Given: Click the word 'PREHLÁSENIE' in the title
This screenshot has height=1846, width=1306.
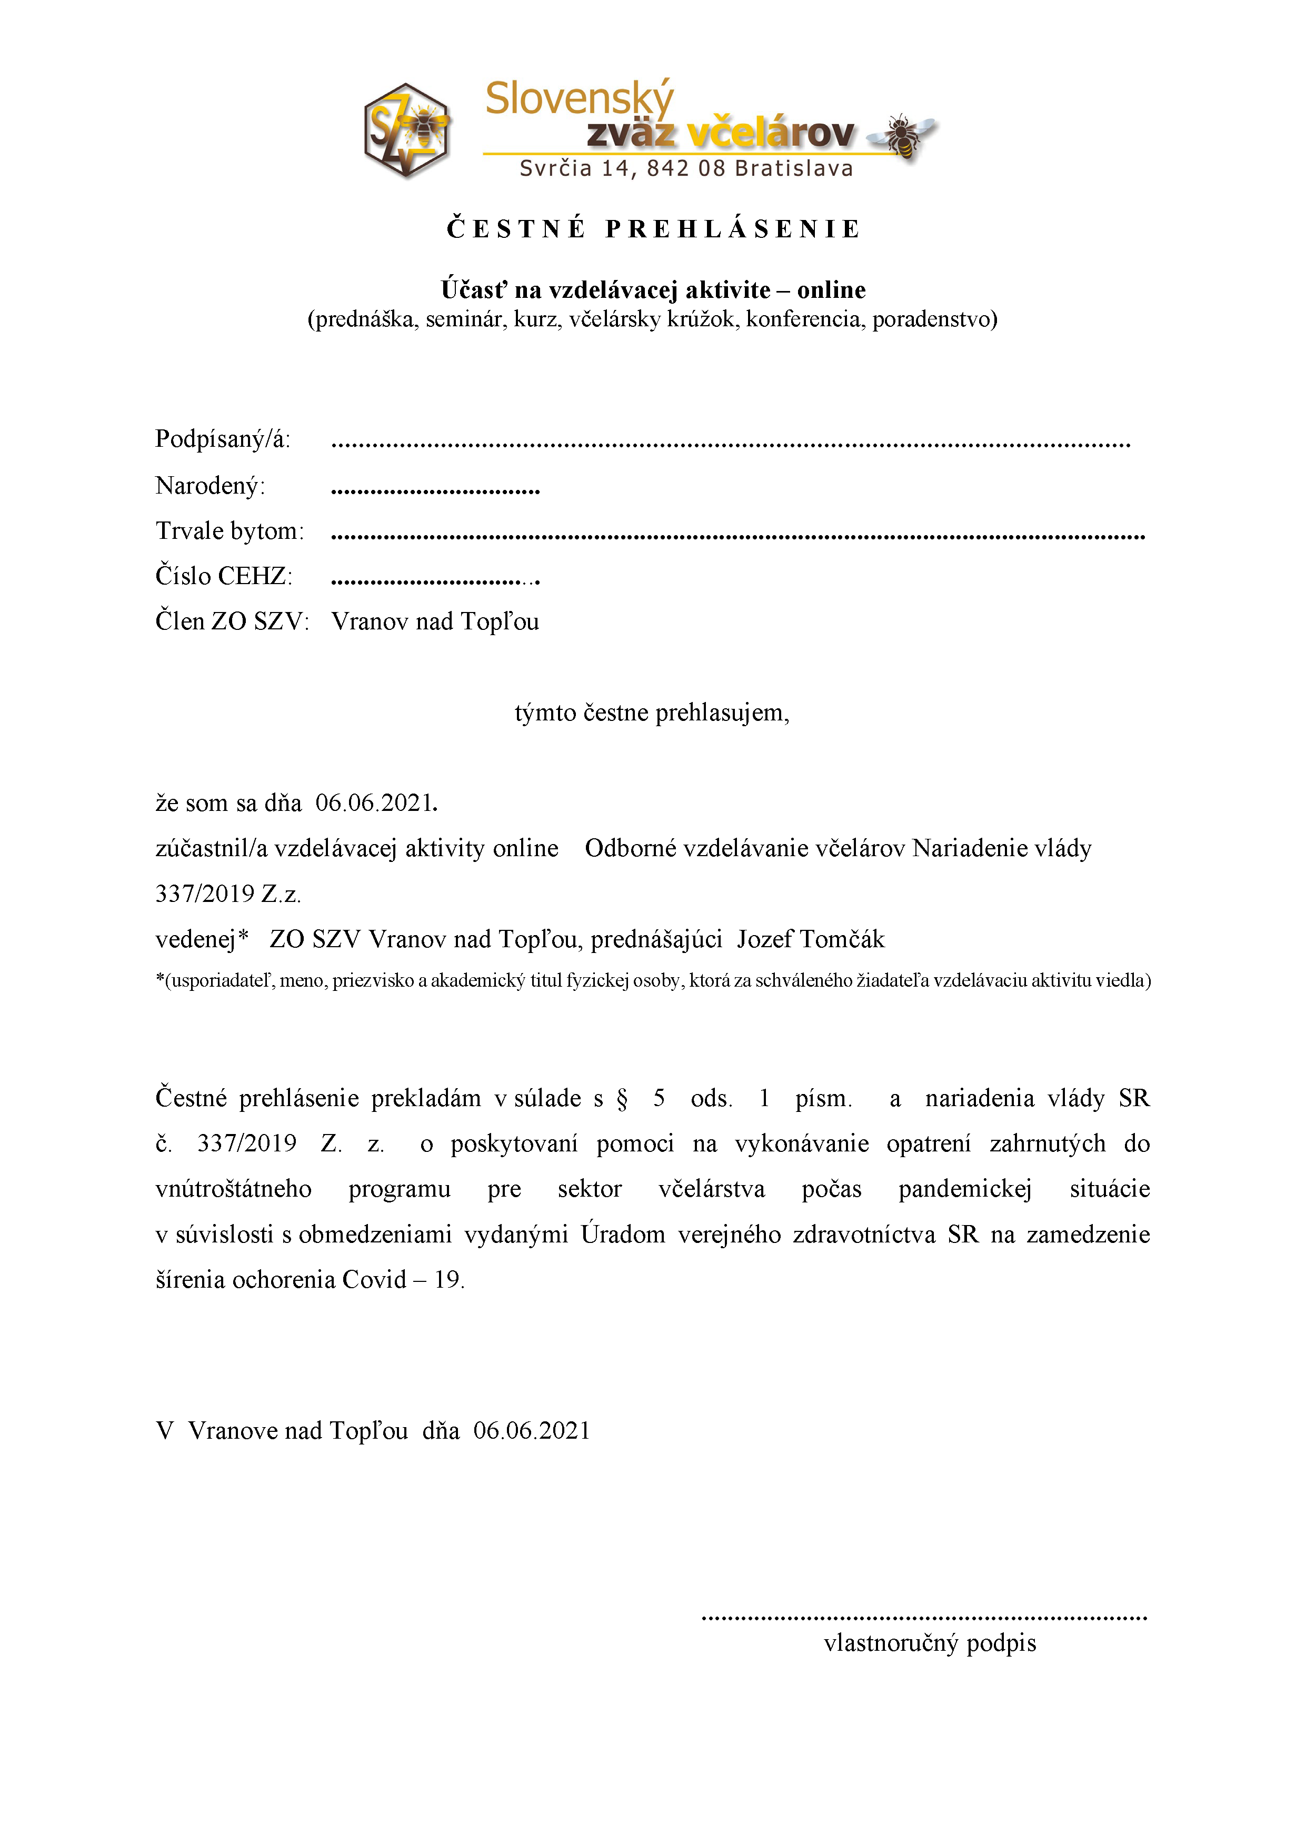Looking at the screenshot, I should (x=733, y=229).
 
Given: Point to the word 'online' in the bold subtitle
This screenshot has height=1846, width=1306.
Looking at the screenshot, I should (x=832, y=289).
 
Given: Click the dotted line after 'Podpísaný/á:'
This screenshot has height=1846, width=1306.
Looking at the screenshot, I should (x=730, y=444).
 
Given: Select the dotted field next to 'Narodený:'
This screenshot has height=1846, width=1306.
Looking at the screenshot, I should (x=435, y=489).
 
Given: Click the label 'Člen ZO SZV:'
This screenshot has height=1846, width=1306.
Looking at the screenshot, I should (x=232, y=621).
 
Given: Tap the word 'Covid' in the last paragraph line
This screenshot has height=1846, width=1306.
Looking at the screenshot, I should (x=374, y=1280).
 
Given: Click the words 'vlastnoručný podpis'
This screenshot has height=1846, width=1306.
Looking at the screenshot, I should (x=930, y=1642).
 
